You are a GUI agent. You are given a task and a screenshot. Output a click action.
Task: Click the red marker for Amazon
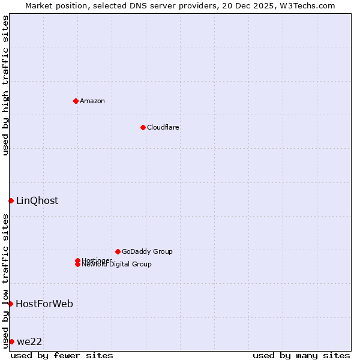[x=76, y=101]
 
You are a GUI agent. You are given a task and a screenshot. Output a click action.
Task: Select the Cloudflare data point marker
[x=143, y=127]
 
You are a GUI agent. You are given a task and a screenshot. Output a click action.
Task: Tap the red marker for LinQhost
[x=11, y=200]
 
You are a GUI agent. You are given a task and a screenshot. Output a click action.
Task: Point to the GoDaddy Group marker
[x=118, y=251]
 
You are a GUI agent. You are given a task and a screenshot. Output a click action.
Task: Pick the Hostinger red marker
[x=77, y=260]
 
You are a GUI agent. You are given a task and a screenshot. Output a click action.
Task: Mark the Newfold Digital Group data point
[x=77, y=265]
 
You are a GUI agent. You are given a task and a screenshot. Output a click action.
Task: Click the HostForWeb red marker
[x=10, y=304]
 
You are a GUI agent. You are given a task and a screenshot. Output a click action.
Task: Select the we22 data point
[x=11, y=341]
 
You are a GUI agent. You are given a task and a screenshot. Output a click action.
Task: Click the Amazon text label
[x=92, y=101]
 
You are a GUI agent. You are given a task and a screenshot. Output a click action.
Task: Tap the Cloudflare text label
[x=163, y=127]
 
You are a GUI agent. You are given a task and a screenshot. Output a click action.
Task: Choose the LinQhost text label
[x=37, y=200]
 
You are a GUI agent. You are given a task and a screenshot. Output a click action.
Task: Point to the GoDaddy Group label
[x=147, y=251]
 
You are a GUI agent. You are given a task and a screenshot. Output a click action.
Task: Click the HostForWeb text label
[x=44, y=304]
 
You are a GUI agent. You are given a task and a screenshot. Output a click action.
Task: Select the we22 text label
[x=29, y=341]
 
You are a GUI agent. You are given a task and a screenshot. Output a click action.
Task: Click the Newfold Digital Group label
[x=117, y=265]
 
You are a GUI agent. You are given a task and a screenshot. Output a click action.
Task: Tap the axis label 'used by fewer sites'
[x=62, y=355]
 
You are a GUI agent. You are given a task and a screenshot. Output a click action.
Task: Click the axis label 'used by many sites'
[x=301, y=355]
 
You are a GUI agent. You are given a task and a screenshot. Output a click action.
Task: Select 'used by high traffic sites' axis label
[x=5, y=85]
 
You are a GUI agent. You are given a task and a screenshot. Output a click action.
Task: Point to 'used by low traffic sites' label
[x=5, y=280]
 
